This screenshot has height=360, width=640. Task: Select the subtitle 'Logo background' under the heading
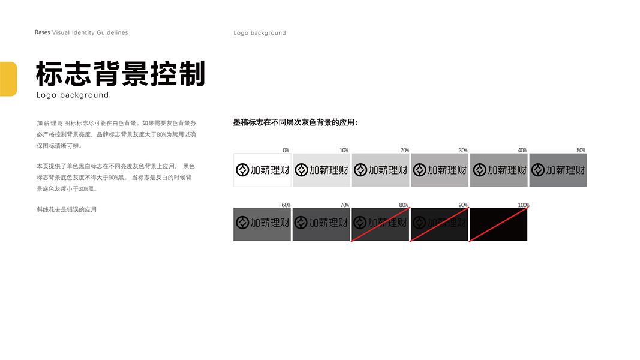pyautogui.click(x=73, y=95)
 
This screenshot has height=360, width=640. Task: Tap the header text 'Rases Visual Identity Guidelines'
pyautogui.click(x=81, y=32)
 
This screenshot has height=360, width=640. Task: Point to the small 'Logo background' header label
pyautogui.click(x=260, y=33)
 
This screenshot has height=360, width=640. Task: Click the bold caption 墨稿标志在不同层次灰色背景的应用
pyautogui.click(x=295, y=122)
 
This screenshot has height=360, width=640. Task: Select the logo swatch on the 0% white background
pyautogui.click(x=262, y=170)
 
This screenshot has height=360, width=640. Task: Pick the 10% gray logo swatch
pyautogui.click(x=321, y=170)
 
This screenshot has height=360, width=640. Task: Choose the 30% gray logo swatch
pyautogui.click(x=440, y=170)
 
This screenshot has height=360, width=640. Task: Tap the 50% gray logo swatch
pyautogui.click(x=558, y=170)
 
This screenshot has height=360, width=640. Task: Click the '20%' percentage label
pyautogui.click(x=405, y=150)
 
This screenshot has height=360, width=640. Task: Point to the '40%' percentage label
pyautogui.click(x=522, y=150)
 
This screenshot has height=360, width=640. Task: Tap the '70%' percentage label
pyautogui.click(x=344, y=205)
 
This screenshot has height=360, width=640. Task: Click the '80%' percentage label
pyautogui.click(x=404, y=205)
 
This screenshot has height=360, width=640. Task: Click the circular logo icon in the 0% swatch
pyautogui.click(x=242, y=170)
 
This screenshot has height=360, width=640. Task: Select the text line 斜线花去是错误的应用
pyautogui.click(x=67, y=210)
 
